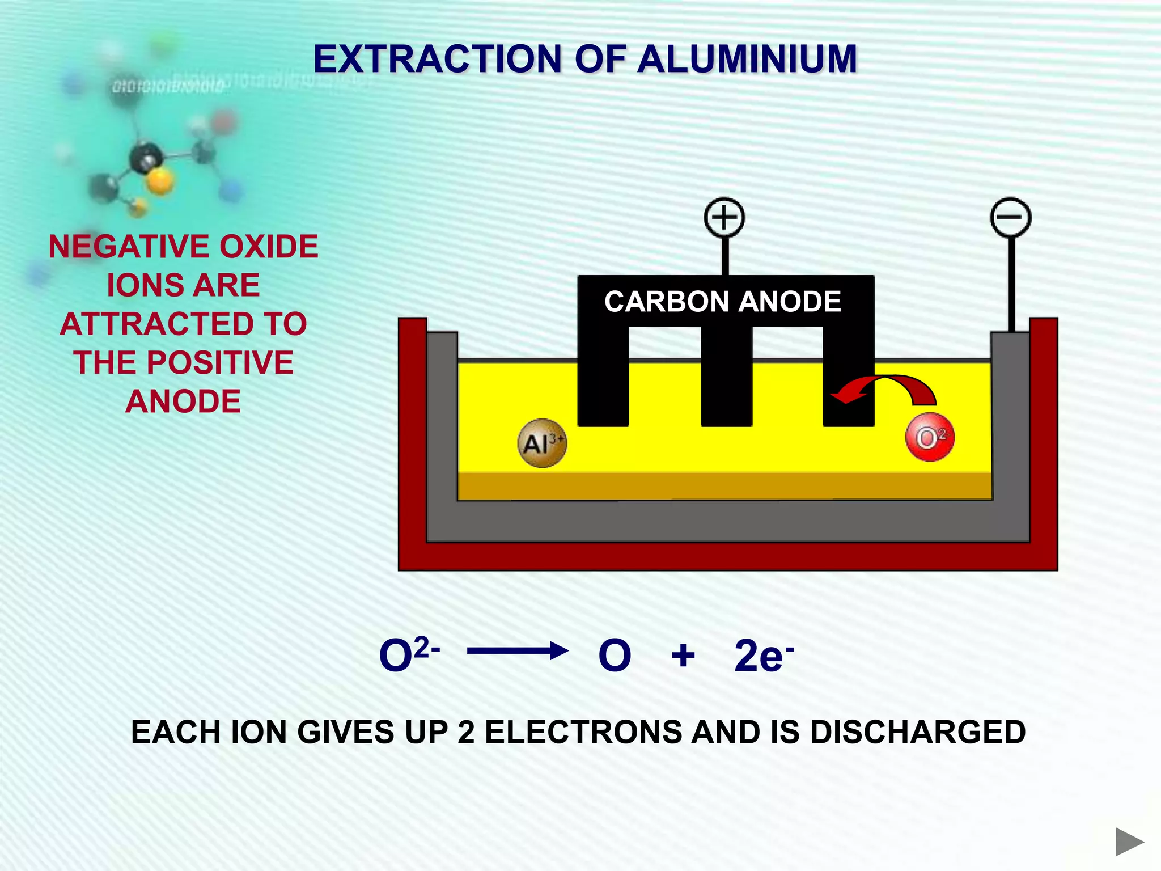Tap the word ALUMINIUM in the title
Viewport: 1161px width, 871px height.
(x=747, y=59)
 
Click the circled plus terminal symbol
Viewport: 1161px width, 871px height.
(x=724, y=217)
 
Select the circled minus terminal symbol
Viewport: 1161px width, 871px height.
(x=1010, y=217)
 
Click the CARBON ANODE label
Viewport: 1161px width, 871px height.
(x=723, y=301)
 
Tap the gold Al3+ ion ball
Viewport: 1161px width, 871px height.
(x=542, y=443)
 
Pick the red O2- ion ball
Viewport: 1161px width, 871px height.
(x=930, y=438)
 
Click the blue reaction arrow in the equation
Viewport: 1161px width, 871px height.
(x=517, y=651)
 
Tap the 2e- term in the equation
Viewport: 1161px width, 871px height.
(x=763, y=656)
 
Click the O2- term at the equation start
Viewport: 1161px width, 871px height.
(x=408, y=654)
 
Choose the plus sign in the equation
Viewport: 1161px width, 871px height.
(x=683, y=656)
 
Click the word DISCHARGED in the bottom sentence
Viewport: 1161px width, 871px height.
(x=918, y=732)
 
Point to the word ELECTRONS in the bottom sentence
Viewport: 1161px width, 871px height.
(x=583, y=732)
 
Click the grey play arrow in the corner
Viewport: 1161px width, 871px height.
(x=1129, y=842)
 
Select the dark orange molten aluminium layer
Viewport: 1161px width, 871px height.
(x=724, y=486)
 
